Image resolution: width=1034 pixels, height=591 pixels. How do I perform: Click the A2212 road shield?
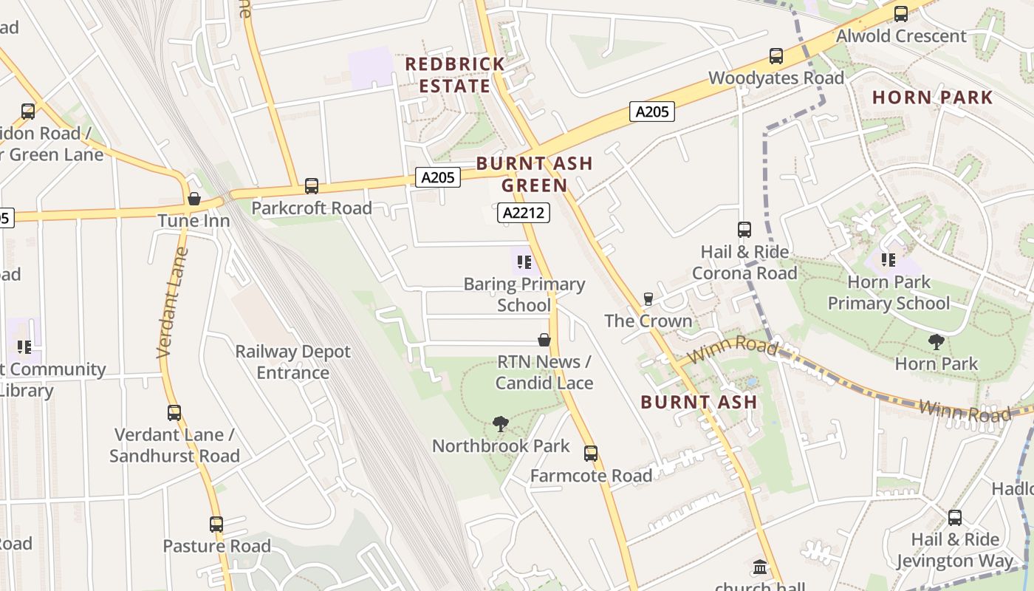click(x=524, y=213)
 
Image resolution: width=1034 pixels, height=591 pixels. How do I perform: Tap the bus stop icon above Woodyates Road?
click(x=775, y=56)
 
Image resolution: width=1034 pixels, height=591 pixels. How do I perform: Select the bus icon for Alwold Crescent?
click(x=900, y=13)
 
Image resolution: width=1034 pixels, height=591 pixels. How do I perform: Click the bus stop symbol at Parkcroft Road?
click(x=312, y=186)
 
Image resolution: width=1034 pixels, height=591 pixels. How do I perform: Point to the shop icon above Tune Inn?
click(x=194, y=199)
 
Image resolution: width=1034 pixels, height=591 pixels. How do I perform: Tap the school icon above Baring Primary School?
click(x=524, y=262)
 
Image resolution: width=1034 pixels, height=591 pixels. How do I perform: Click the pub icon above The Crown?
click(x=648, y=298)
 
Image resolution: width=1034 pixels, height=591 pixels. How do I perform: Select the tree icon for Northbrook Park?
click(x=501, y=424)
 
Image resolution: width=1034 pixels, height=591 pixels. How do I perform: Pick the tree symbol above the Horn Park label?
click(x=937, y=341)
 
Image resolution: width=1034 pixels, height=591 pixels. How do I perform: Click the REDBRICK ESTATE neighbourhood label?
click(x=455, y=75)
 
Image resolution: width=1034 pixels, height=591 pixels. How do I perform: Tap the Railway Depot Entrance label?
click(x=292, y=362)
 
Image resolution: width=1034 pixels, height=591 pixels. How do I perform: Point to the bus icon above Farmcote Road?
click(x=590, y=453)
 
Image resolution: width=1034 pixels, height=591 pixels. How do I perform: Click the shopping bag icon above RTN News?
click(x=544, y=340)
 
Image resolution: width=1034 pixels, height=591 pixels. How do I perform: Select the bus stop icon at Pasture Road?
click(x=216, y=525)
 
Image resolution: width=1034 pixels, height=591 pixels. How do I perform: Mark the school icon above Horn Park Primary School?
click(x=889, y=260)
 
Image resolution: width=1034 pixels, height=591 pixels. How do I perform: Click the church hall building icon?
click(x=760, y=567)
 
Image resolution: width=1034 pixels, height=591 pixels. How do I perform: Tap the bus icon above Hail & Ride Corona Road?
click(x=744, y=230)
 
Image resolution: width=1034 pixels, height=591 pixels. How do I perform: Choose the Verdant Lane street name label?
click(x=172, y=304)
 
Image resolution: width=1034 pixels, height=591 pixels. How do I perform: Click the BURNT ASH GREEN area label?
click(x=535, y=174)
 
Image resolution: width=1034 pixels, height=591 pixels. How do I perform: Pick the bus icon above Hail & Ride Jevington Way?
click(x=955, y=518)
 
